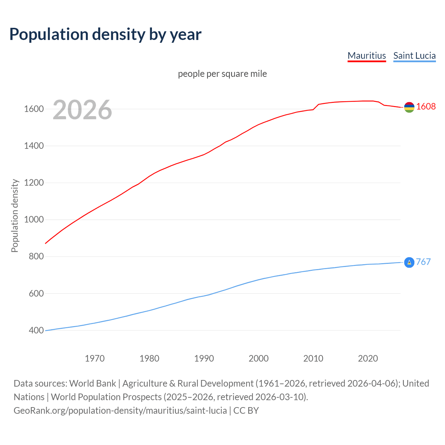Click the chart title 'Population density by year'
(x=105, y=34)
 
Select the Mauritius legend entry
(x=367, y=56)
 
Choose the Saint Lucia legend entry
(x=414, y=56)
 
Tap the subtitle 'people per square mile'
(x=222, y=74)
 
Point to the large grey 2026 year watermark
(x=82, y=110)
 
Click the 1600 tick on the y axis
(x=34, y=109)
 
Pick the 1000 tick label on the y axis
(x=34, y=220)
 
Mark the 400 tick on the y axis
(x=36, y=330)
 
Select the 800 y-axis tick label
(x=36, y=257)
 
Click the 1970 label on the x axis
(x=95, y=358)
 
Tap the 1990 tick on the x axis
(x=204, y=358)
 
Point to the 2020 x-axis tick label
(x=368, y=358)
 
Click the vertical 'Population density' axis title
(x=15, y=216)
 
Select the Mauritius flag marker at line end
(x=409, y=107)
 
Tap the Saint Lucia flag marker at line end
(x=409, y=262)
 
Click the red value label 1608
(x=426, y=107)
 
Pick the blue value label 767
(x=423, y=262)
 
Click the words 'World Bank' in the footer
(x=92, y=383)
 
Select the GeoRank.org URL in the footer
(x=120, y=411)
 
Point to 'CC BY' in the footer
(x=246, y=411)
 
